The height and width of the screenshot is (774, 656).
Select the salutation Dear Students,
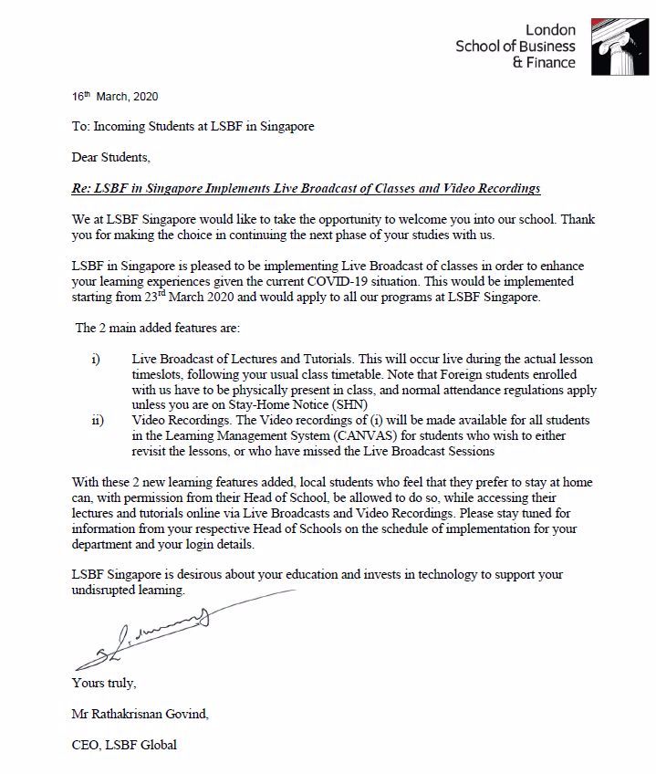click(x=111, y=157)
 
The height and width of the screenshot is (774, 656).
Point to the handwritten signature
click(x=146, y=634)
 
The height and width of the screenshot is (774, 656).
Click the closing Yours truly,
click(x=104, y=683)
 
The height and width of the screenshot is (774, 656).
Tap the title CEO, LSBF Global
click(x=124, y=745)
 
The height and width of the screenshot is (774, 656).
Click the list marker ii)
click(x=97, y=420)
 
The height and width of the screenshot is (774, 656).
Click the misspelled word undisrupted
click(x=105, y=590)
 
